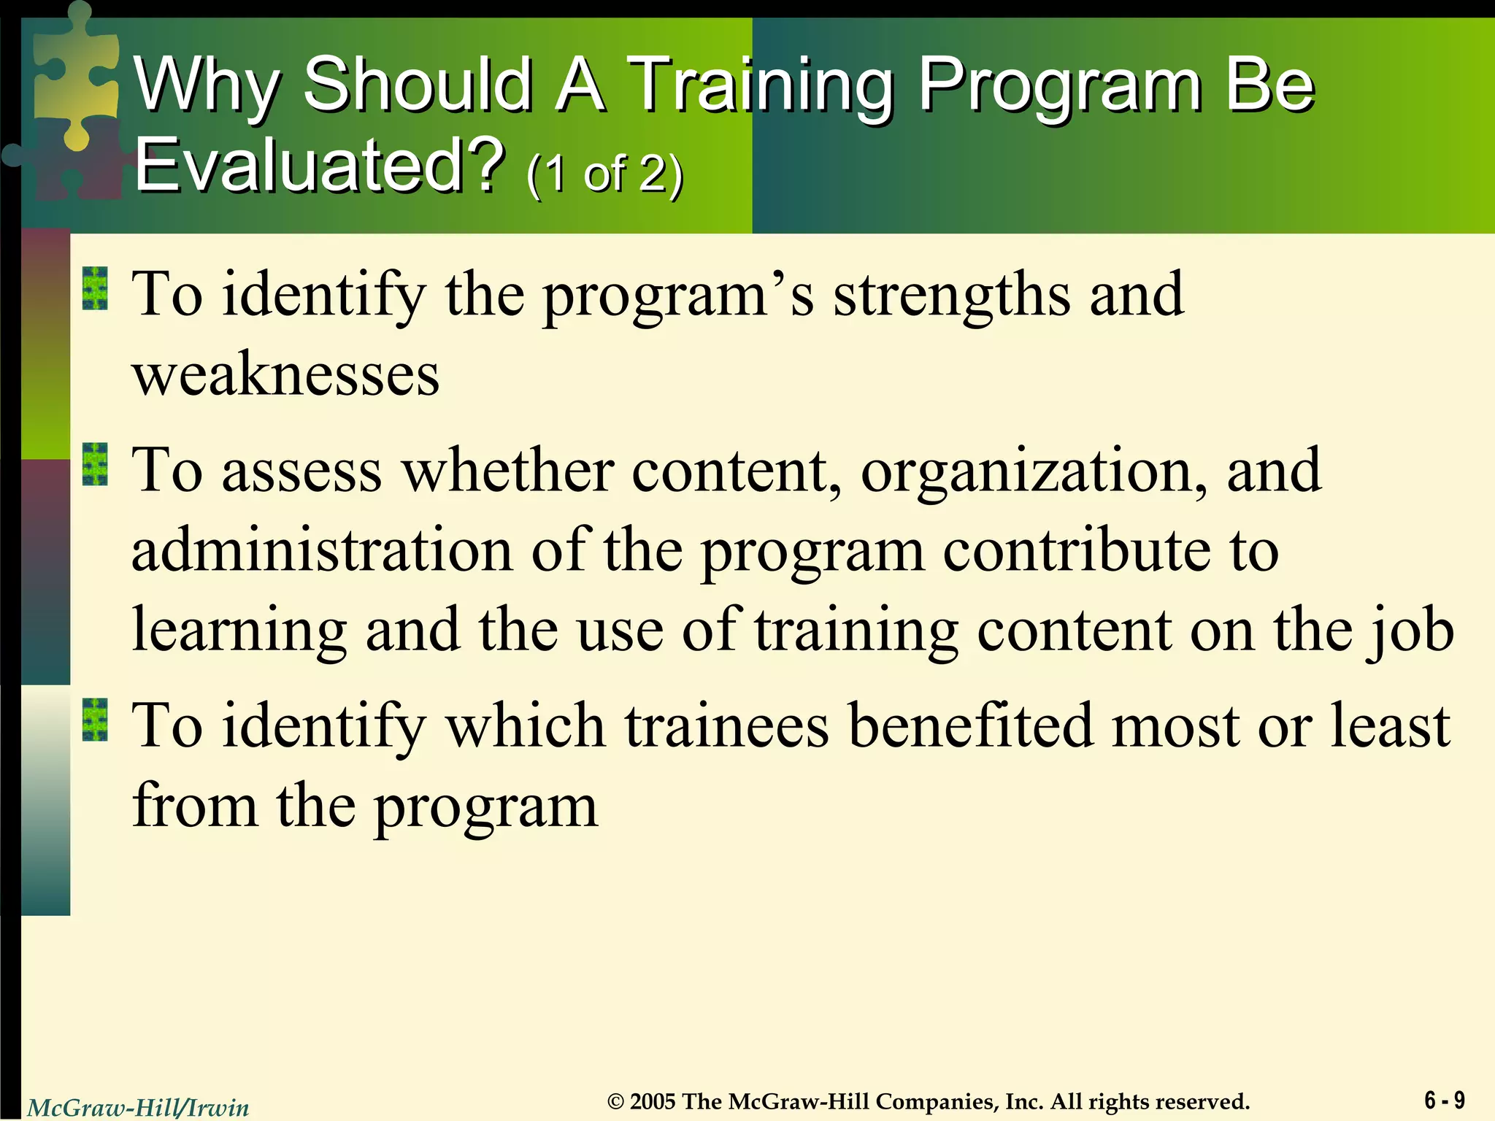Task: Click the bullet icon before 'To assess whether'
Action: tap(95, 465)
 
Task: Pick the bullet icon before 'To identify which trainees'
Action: tap(95, 720)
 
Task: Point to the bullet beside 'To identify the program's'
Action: tap(95, 288)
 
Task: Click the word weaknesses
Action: tap(285, 375)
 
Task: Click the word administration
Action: tap(322, 550)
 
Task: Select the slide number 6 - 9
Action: tap(1444, 1100)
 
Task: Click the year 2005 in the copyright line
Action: tap(653, 1101)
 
